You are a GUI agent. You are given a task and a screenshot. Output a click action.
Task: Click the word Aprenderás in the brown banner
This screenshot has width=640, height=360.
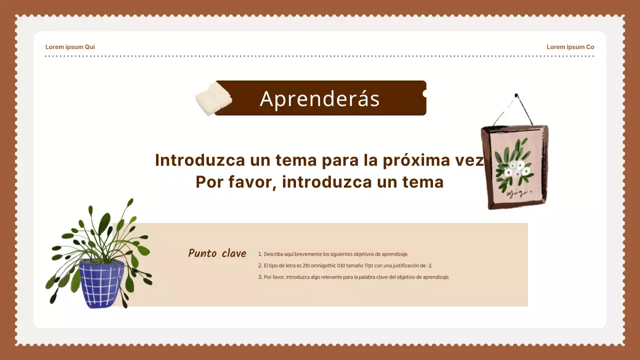(319, 98)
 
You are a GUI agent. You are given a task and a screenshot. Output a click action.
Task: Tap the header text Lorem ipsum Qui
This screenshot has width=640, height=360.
(70, 47)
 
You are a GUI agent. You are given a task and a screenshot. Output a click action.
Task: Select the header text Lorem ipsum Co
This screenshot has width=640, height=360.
(570, 47)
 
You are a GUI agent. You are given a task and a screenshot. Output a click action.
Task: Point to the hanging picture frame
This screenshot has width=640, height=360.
(514, 166)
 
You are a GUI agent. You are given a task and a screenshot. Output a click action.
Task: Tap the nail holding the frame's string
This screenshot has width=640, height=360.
(516, 95)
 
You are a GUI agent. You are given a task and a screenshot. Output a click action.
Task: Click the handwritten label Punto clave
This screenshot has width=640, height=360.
(217, 253)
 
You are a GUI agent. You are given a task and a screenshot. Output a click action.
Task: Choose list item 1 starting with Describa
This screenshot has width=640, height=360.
(333, 254)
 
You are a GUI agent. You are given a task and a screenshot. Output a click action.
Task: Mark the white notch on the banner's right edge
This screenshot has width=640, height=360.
(425, 93)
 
